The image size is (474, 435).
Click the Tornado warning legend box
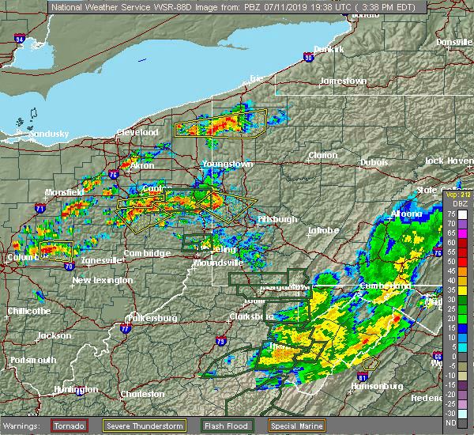click(x=70, y=426)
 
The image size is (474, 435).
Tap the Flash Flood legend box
click(x=216, y=426)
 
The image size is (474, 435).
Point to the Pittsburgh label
click(x=276, y=219)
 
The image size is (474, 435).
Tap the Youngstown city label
click(x=226, y=164)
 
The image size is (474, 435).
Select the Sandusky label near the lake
click(x=49, y=134)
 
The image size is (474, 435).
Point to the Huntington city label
click(x=76, y=389)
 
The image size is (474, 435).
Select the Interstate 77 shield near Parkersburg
click(x=123, y=327)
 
